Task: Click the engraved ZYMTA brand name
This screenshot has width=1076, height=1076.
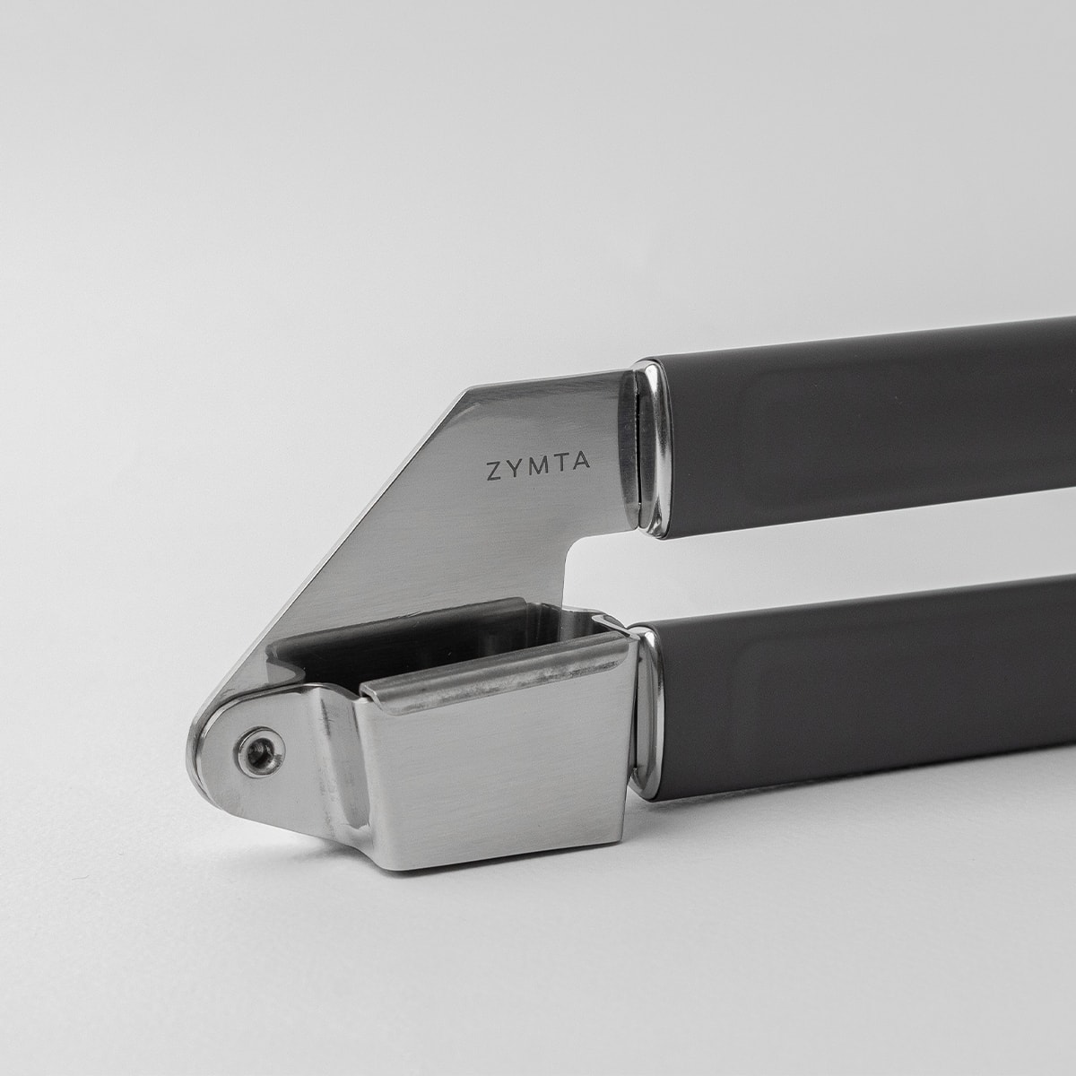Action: pos(531,471)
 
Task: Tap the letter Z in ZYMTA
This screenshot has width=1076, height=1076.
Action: pos(492,473)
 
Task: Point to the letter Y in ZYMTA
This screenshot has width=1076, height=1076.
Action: pos(511,472)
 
